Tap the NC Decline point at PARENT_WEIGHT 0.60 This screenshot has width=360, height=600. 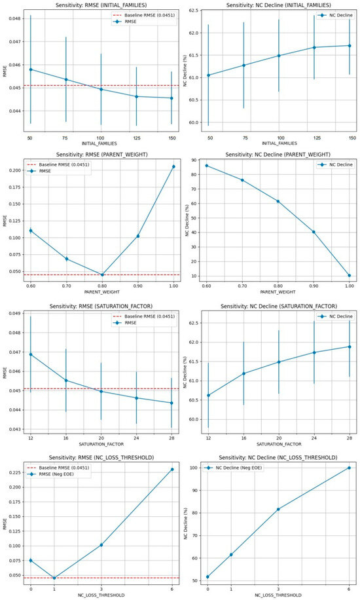pyautogui.click(x=207, y=166)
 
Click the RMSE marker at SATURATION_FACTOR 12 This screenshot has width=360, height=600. pyautogui.click(x=31, y=354)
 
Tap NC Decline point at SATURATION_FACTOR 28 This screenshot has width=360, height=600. pyautogui.click(x=349, y=347)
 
